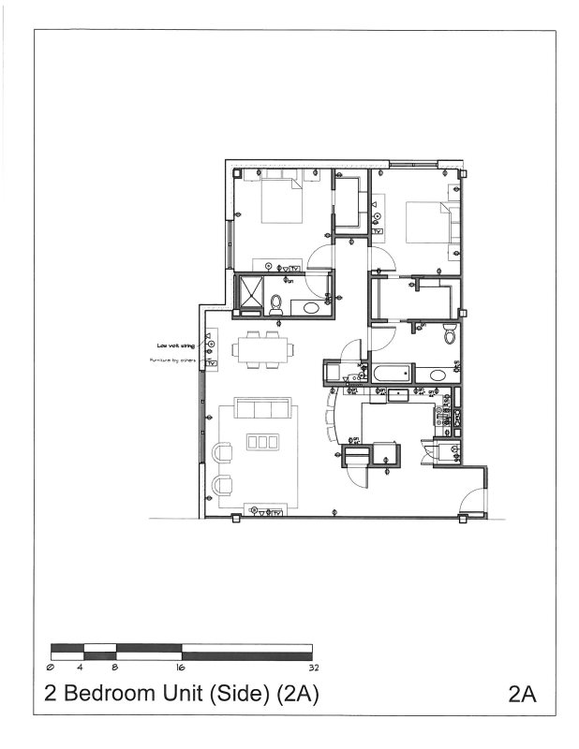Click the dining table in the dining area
[x=263, y=350]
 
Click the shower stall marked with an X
[x=250, y=293]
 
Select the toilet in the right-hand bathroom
[x=450, y=332]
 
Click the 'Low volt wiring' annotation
[x=175, y=345]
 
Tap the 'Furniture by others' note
[x=173, y=360]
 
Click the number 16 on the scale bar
[x=180, y=668]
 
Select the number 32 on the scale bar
[x=312, y=668]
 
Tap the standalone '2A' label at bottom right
[x=522, y=695]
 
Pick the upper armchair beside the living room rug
[x=222, y=453]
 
